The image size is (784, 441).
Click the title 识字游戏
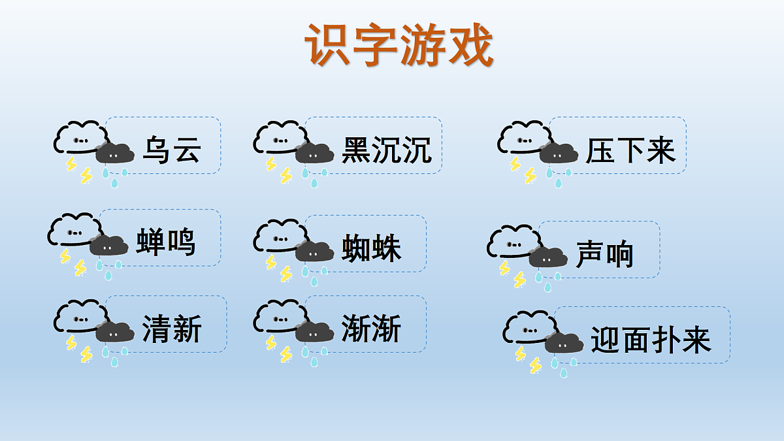[x=399, y=46]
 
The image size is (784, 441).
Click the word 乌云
[x=171, y=150]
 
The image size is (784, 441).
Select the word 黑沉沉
[x=387, y=150]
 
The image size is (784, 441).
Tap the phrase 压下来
[x=630, y=150]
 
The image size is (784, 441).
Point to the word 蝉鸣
[x=166, y=242]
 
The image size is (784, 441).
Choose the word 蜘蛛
[x=371, y=248]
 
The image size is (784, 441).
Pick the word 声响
[x=605, y=253]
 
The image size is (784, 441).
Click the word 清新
[x=172, y=328]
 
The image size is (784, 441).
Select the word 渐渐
[x=371, y=328]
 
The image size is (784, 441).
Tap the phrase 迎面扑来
[x=651, y=339]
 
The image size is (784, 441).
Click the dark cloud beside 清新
[x=115, y=333]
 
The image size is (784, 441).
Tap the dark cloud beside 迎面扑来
[x=563, y=342]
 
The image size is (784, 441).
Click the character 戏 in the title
[x=469, y=46]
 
